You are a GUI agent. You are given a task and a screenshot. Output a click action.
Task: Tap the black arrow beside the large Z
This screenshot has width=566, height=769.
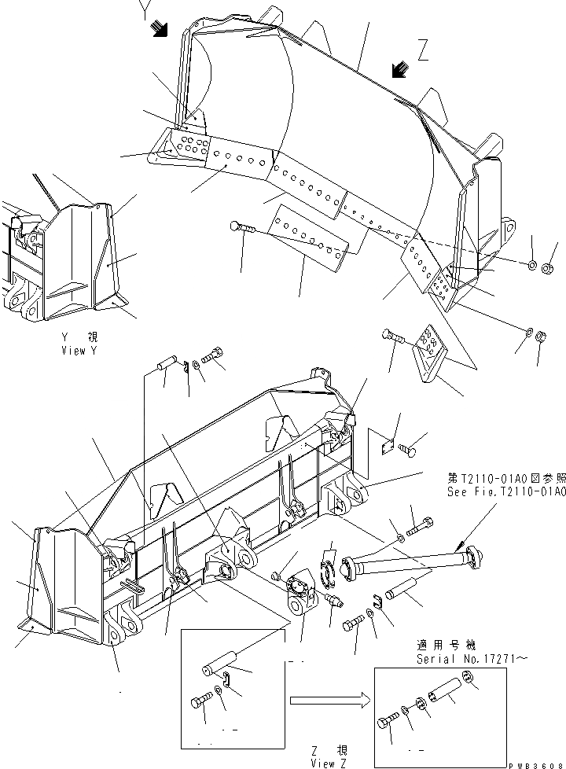401,71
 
